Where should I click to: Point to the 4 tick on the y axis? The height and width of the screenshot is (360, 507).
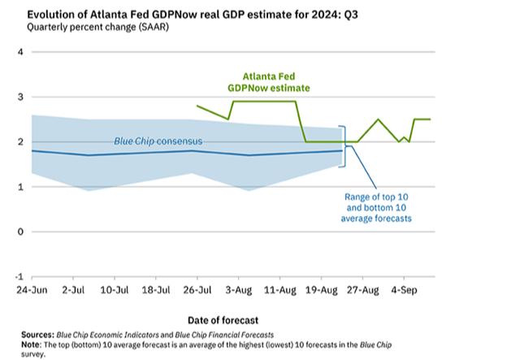coord(21,52)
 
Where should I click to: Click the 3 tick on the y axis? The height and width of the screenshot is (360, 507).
coord(21,98)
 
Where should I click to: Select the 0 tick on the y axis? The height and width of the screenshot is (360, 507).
coord(21,232)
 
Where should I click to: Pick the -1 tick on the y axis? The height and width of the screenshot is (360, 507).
coord(19,276)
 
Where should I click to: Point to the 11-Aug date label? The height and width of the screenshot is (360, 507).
coord(281,290)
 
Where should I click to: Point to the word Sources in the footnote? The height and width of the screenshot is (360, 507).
coord(37,334)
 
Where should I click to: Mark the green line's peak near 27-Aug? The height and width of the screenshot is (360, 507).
coord(378,119)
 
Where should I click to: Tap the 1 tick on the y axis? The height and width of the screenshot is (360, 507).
coord(21,188)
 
